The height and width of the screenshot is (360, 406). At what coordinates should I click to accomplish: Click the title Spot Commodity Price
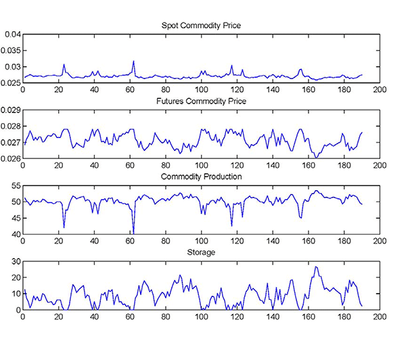coord(201,26)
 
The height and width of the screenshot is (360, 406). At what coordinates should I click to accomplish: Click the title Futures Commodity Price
coord(201,101)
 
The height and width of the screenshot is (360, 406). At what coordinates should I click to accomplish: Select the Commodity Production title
coord(201,177)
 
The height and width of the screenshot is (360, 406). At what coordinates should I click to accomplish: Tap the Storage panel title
coord(201,252)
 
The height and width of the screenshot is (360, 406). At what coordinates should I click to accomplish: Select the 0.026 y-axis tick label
coord(10,158)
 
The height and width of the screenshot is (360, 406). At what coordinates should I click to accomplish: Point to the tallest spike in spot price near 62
coord(133,62)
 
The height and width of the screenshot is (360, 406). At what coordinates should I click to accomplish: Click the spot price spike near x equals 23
coord(64,65)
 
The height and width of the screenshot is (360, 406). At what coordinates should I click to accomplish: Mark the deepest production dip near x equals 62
coord(133,233)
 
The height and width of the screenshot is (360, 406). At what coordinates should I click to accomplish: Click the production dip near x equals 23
coord(64,227)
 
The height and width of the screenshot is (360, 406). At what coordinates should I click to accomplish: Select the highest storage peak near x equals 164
coord(315,267)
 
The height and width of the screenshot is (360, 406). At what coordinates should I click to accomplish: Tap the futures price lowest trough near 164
coord(315,157)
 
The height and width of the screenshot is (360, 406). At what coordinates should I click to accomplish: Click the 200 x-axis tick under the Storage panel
coord(380,317)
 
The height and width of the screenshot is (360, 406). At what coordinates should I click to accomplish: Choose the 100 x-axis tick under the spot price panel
coord(201,89)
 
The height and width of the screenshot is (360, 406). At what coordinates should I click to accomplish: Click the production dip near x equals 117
coord(231,225)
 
